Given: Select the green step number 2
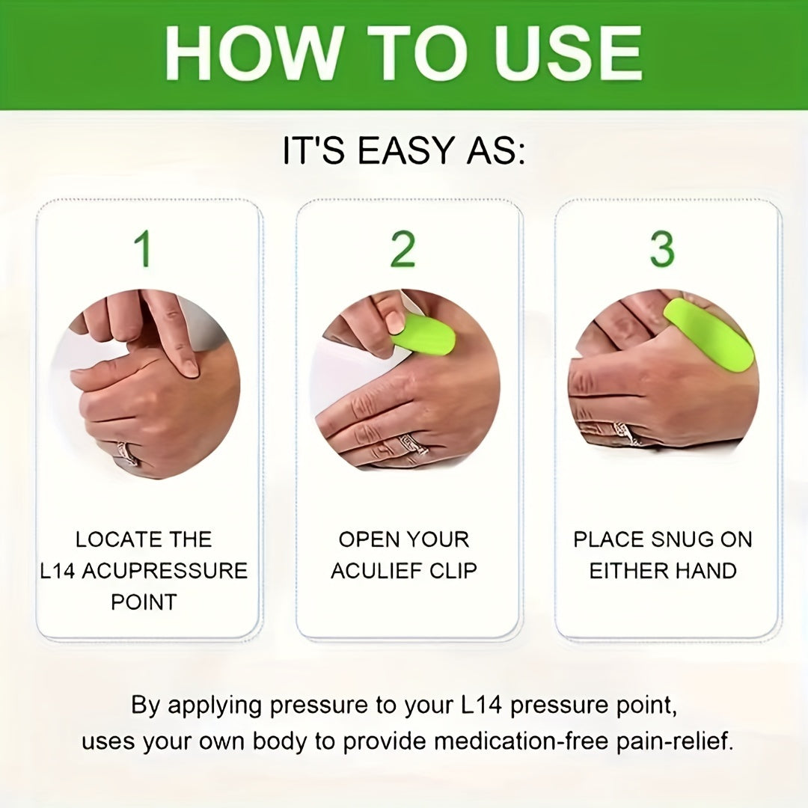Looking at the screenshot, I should (x=403, y=249).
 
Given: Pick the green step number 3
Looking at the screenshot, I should (x=662, y=249).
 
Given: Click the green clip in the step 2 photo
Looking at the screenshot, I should (x=424, y=335).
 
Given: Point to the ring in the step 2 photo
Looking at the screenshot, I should (x=412, y=445).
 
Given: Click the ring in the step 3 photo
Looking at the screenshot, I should (x=622, y=433).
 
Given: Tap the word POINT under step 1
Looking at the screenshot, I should (x=144, y=602).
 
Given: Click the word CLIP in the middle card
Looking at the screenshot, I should (x=453, y=571).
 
